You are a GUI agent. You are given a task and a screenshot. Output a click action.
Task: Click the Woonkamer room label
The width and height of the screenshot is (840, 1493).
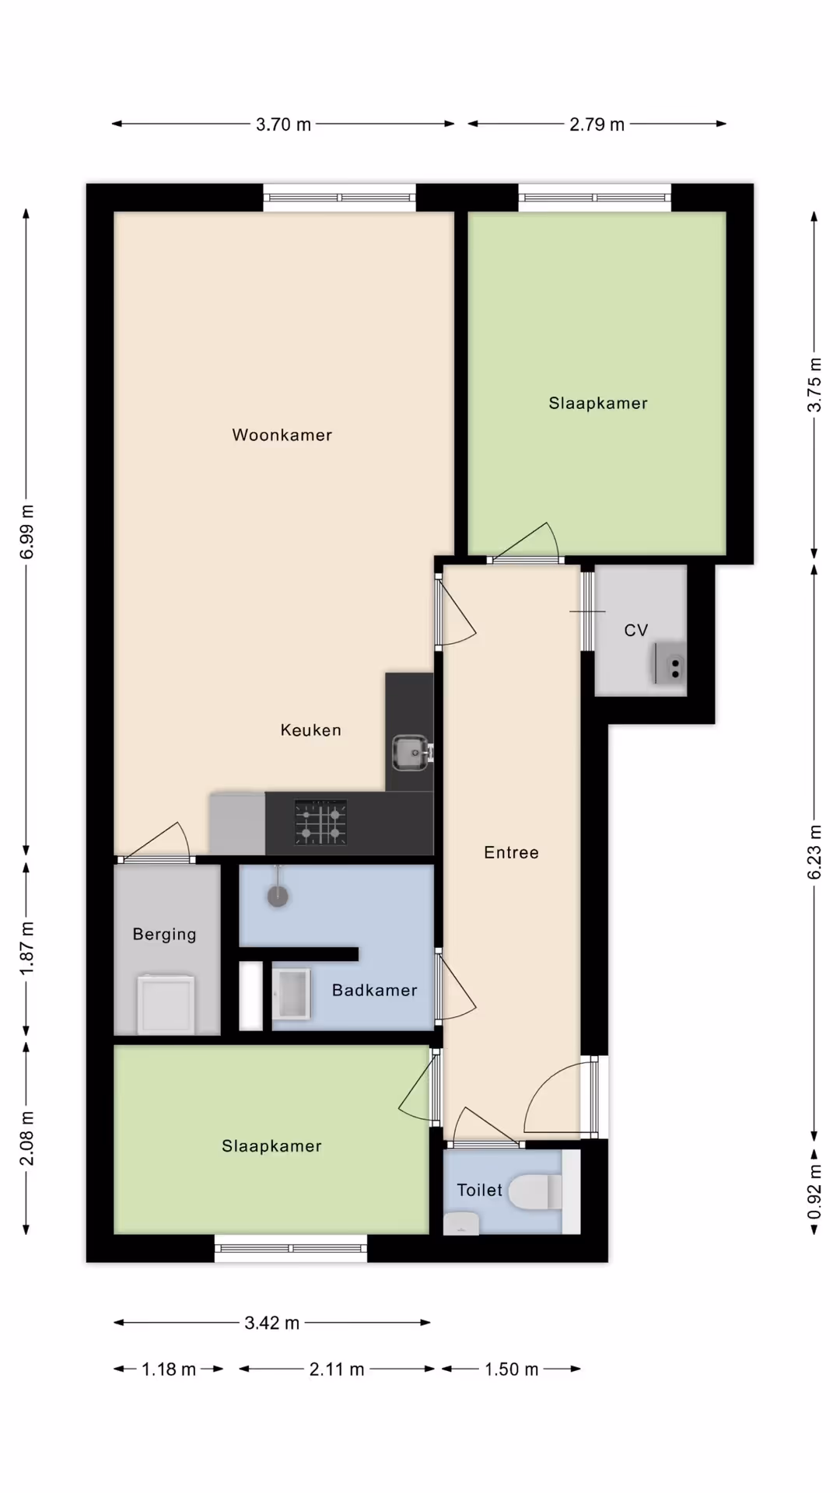pos(282,435)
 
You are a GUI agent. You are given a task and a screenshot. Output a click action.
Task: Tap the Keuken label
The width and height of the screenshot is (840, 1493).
pos(310,730)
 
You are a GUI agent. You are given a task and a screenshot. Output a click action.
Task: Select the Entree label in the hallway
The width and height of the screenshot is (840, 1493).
pos(511,852)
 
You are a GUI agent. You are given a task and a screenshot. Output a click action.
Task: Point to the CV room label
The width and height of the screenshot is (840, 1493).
pos(636,631)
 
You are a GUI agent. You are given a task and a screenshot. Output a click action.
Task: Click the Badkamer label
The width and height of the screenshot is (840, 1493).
pos(374,990)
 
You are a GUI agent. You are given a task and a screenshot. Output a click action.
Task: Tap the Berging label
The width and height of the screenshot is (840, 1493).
pos(164,935)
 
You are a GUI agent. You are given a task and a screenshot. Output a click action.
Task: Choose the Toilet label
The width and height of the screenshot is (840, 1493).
pos(480,1190)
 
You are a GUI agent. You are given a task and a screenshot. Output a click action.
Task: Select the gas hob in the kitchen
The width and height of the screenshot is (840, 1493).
pos(320,823)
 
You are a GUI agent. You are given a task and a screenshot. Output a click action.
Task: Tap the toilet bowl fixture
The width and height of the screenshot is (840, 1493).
pos(535,1191)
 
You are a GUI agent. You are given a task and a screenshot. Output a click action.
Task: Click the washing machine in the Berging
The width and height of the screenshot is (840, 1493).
pos(166,1005)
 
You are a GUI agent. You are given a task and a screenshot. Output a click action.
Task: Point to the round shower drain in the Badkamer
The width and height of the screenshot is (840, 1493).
pos(278,897)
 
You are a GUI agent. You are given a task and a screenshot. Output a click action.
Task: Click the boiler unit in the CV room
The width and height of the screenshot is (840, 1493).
pos(670,663)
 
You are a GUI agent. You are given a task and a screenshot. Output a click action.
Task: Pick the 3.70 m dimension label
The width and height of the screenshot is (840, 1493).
pos(283,124)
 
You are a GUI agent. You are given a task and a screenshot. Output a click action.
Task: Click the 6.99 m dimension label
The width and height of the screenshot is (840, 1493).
pos(27,532)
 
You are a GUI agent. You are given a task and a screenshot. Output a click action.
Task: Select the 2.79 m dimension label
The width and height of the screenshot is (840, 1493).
pos(597,124)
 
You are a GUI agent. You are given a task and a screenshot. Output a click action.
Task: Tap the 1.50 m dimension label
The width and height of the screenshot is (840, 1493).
pos(511,1369)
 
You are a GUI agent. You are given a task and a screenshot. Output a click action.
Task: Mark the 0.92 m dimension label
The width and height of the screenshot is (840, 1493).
pos(814,1193)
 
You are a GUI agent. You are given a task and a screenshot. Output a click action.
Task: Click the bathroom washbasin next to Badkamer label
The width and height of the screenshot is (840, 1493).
pos(291,994)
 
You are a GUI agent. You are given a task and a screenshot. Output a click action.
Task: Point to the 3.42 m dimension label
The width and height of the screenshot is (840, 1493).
pos(271,1323)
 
